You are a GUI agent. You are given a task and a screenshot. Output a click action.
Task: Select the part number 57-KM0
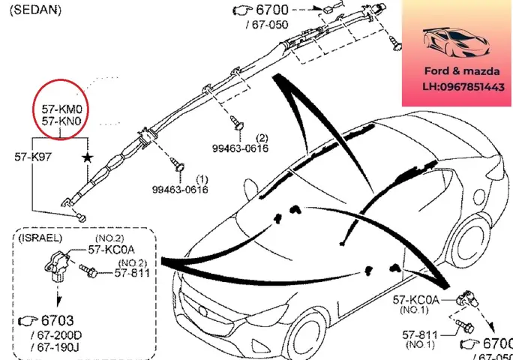tap(64, 108)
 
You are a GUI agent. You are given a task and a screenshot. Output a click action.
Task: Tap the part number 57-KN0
tap(64, 120)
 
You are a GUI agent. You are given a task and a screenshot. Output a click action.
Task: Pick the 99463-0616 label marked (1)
tap(180, 190)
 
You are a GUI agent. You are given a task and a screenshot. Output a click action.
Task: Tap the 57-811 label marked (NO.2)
tap(132, 272)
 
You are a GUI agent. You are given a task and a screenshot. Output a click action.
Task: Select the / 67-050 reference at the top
tap(266, 25)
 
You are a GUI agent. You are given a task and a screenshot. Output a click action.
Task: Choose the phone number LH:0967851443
tap(457, 88)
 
